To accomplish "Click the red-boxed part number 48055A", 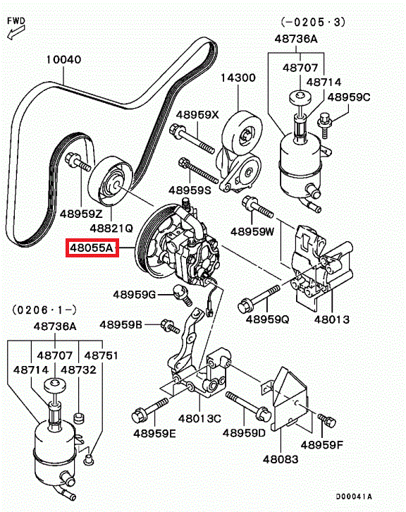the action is coord(92,248).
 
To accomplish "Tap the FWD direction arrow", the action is coord(16,32).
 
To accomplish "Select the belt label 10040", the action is coord(63,59).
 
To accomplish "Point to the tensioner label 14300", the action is coord(238,78).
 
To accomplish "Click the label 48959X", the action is coord(197,115).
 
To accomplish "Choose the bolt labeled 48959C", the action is coord(325,125).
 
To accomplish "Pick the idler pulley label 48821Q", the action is coord(111,228).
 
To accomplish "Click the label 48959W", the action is coord(252,231).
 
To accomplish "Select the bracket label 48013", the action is coord(331,319).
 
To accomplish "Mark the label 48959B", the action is coord(121,324).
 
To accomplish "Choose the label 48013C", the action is coord(199,418).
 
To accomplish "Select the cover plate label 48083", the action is coord(281,459).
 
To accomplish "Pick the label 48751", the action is coord(101,355).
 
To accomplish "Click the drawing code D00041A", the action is coord(354,496).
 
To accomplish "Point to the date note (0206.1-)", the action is coord(44,310).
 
